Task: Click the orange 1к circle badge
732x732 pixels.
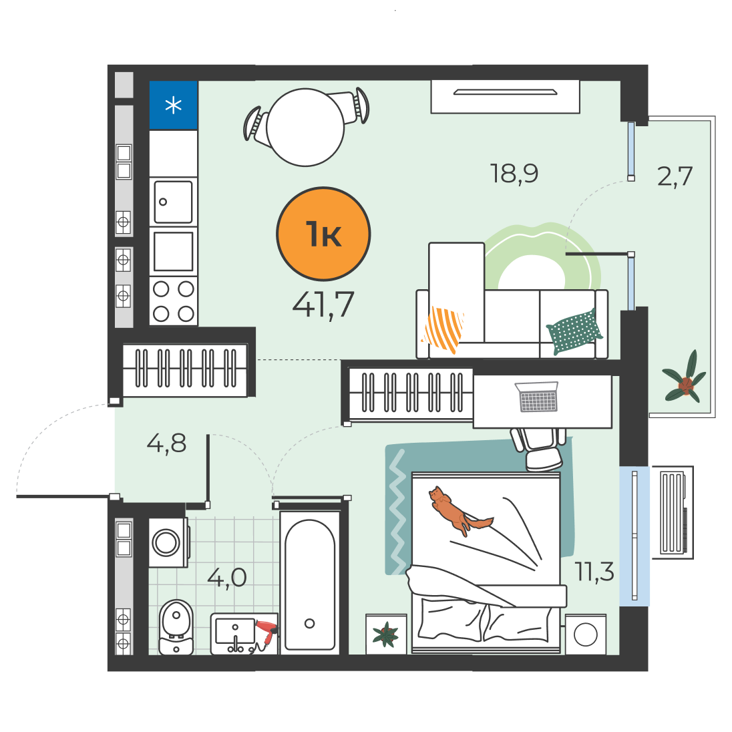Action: click(x=323, y=234)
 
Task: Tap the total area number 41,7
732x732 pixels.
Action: click(x=323, y=305)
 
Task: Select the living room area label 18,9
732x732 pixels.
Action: click(x=514, y=174)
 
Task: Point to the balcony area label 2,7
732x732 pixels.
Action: click(x=675, y=176)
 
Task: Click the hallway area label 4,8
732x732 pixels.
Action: click(x=167, y=443)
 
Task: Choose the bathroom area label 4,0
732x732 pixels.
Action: click(x=227, y=578)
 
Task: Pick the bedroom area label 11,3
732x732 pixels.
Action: click(x=594, y=572)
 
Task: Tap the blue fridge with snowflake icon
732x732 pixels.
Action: click(x=173, y=105)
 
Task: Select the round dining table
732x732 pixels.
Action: click(x=305, y=128)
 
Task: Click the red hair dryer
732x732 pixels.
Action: click(x=266, y=632)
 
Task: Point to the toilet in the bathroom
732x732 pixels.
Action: click(x=176, y=627)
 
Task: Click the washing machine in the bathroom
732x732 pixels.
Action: click(x=169, y=542)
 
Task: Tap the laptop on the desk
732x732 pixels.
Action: click(x=538, y=397)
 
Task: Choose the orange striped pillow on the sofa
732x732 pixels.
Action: click(x=443, y=329)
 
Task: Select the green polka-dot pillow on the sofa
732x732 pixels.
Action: click(x=574, y=331)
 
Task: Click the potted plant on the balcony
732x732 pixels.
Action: click(x=685, y=378)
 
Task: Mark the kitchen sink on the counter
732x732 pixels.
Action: click(x=173, y=202)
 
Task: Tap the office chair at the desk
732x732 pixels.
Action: click(x=538, y=449)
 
